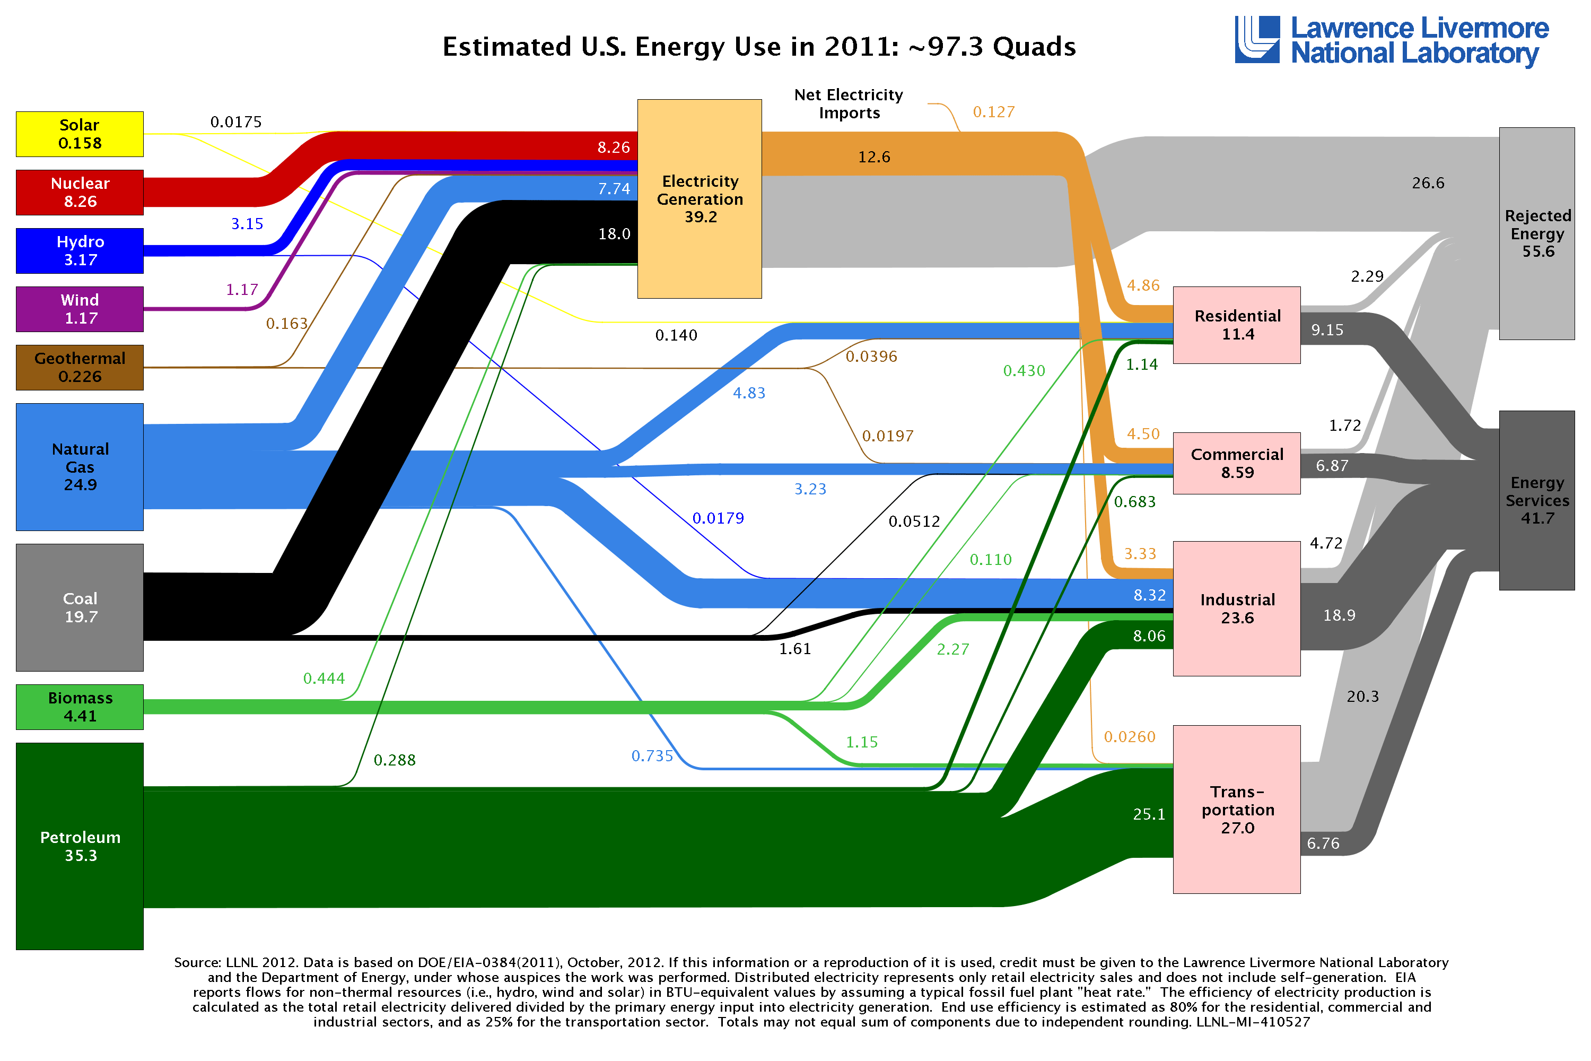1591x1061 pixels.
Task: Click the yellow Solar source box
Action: [x=80, y=134]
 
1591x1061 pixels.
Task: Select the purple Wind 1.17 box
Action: [x=80, y=309]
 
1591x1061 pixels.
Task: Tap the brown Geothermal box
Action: [x=80, y=368]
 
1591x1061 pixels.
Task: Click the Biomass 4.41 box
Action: [x=80, y=707]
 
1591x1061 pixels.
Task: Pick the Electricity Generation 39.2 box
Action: [x=700, y=199]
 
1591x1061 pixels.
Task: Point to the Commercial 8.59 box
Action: [x=1237, y=464]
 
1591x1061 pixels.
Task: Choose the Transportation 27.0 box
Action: [x=1237, y=810]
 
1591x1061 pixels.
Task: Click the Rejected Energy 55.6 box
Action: [x=1536, y=233]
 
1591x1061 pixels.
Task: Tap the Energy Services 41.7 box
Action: [x=1536, y=500]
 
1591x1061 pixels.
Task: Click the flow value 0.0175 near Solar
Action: [x=235, y=122]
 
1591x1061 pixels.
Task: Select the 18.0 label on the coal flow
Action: [x=614, y=234]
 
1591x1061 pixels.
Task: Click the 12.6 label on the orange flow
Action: [x=874, y=157]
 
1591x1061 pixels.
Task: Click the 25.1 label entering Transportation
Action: [x=1149, y=814]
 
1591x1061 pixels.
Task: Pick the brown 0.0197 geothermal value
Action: [x=887, y=436]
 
